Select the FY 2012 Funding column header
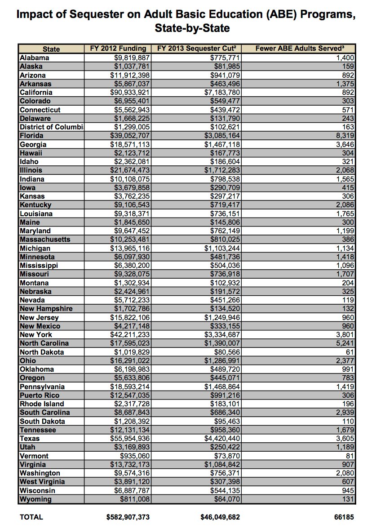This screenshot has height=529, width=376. pos(118,49)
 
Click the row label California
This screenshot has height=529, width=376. pos(36,92)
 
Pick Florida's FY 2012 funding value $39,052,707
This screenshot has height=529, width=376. pos(130,136)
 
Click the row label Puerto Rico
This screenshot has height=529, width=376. pos(40,396)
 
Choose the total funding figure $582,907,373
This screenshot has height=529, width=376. pos(128,517)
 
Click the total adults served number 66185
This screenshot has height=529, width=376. pos(344,517)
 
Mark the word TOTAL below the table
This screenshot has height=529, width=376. pos(31,517)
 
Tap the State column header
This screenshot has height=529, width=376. pos(51,49)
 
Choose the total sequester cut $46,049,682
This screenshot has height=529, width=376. pos(220,517)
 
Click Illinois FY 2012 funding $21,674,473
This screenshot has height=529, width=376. pos(130,170)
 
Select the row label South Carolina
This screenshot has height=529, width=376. pos(45,413)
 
